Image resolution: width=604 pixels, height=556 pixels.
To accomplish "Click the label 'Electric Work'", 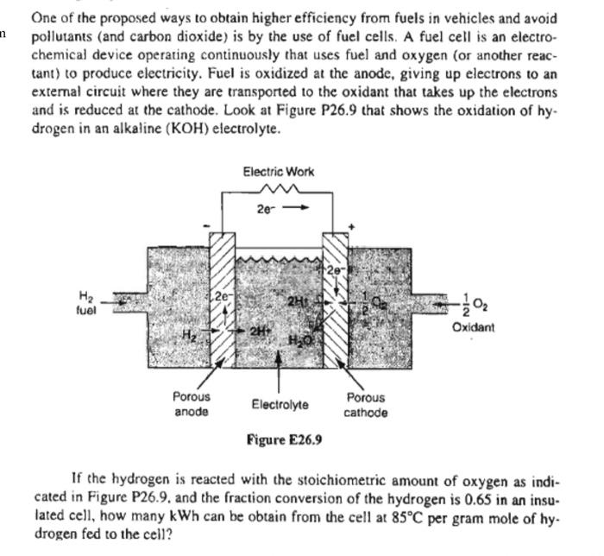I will tap(279, 172).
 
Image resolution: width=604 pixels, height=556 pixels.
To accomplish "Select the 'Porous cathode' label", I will tap(366, 404).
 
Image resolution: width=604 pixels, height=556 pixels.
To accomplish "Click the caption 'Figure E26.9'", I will tap(284, 439).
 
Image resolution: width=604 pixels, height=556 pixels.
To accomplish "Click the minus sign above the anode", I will tap(204, 227).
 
